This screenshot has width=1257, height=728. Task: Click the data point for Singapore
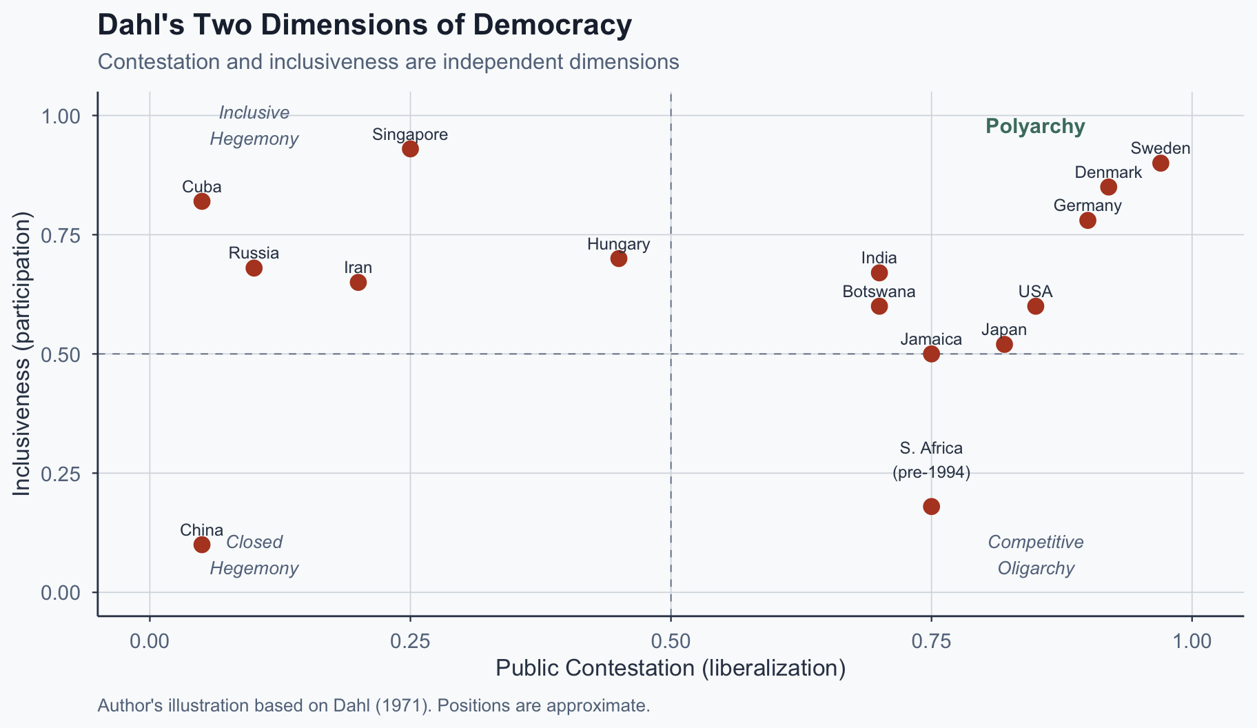tap(410, 148)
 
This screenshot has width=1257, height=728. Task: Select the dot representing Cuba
tap(202, 201)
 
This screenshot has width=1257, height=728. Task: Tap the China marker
tap(202, 545)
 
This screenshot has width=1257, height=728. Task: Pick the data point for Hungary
tap(619, 259)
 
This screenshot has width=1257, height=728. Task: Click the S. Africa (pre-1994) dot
tap(931, 507)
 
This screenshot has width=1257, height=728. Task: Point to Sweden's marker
tap(1161, 163)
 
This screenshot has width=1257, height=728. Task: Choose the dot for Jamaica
tap(931, 354)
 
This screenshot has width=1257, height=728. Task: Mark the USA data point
tap(1035, 306)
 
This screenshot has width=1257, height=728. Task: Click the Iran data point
tap(358, 282)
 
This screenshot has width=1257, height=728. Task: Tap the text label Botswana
tap(879, 292)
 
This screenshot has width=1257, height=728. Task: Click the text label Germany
tap(1087, 205)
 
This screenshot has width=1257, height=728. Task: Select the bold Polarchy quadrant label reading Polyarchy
tap(1035, 127)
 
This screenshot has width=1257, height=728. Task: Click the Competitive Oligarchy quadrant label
tap(1036, 555)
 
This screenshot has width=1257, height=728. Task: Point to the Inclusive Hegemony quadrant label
tap(254, 126)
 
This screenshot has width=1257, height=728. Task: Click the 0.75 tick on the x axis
tap(931, 641)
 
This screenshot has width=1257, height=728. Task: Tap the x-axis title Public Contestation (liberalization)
tap(671, 669)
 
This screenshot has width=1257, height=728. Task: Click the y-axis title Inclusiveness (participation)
tap(22, 353)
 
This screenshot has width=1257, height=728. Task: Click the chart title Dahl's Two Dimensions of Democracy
tap(365, 26)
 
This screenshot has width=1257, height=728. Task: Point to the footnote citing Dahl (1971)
tap(374, 706)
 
